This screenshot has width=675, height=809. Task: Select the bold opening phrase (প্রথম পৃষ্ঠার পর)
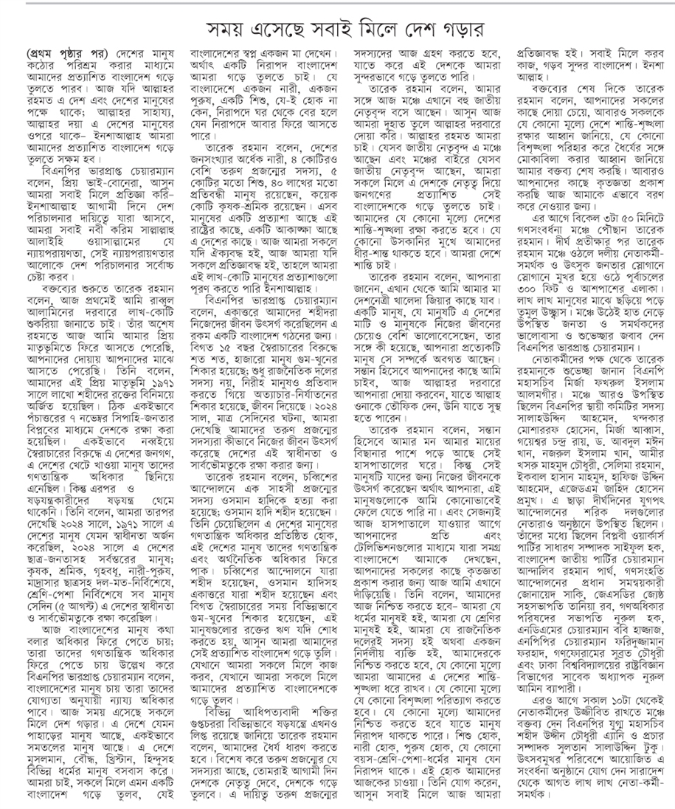[69, 55]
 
